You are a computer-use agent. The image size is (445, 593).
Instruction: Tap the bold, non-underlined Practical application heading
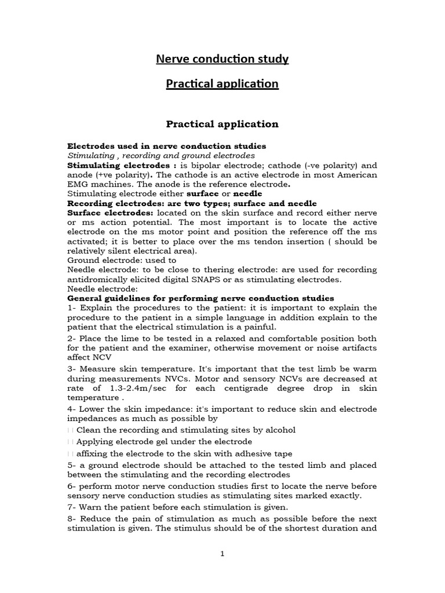[222, 124]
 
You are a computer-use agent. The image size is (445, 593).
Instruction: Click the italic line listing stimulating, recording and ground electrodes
[161, 155]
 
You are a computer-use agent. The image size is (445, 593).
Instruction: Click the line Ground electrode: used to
[122, 260]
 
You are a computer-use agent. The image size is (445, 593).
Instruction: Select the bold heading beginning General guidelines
[200, 298]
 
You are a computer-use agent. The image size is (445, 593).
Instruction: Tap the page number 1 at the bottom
[222, 554]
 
